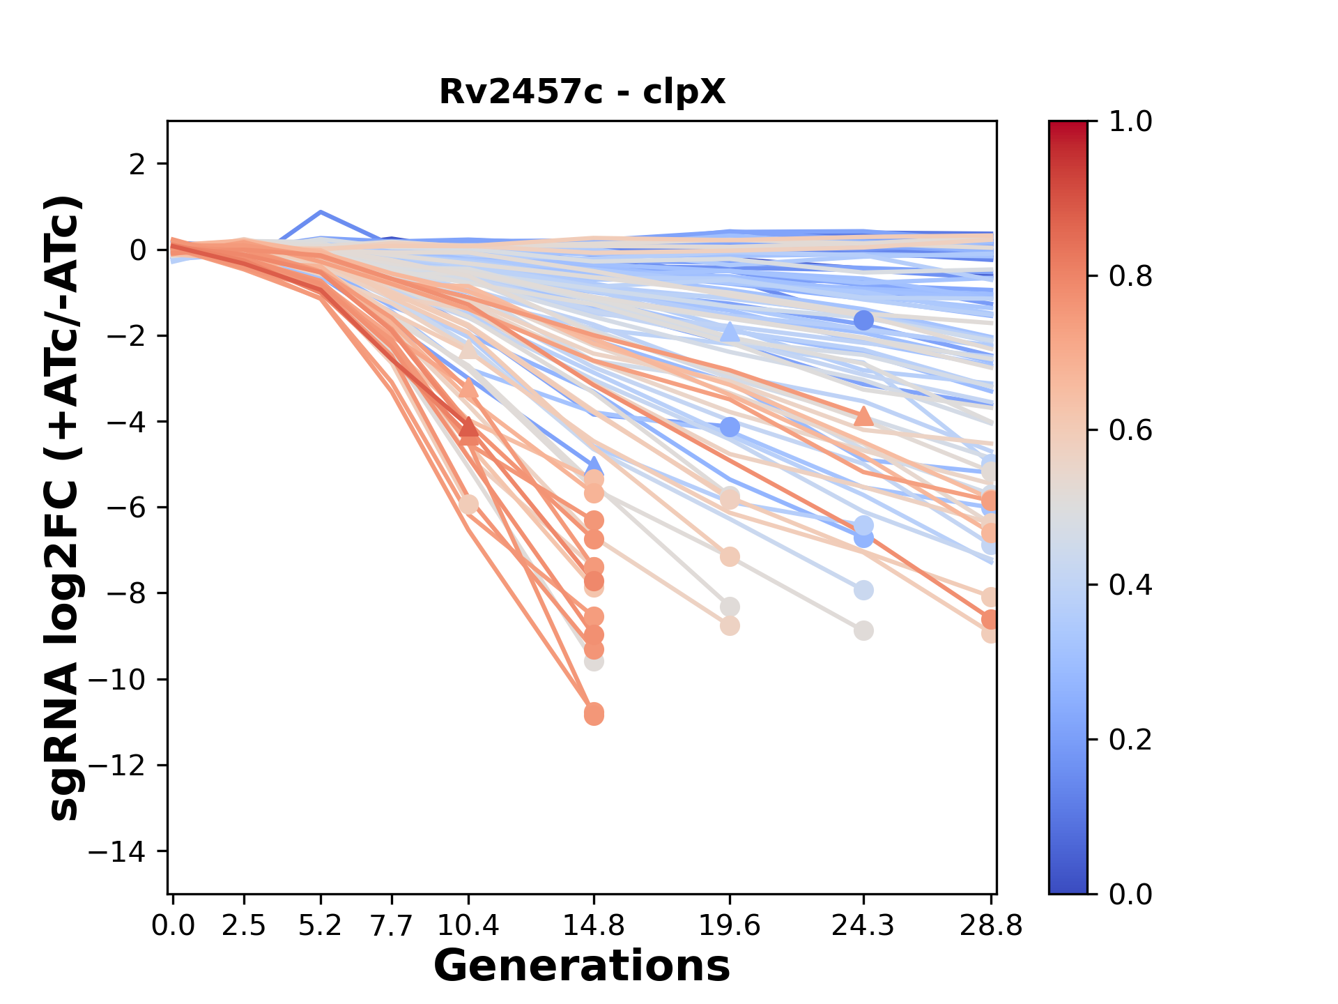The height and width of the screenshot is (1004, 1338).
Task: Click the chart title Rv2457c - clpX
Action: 582,91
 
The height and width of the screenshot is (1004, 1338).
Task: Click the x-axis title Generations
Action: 582,966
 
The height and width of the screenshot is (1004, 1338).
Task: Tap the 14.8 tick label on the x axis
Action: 594,926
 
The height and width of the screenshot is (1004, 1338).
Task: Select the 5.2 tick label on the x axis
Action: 321,926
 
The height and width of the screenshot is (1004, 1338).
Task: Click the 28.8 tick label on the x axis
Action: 991,926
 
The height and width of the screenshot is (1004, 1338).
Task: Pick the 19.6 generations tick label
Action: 730,926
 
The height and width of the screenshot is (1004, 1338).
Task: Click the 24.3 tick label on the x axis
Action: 863,926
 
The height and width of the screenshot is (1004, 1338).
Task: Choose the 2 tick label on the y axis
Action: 138,164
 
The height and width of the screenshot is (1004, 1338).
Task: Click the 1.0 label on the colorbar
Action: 1130,122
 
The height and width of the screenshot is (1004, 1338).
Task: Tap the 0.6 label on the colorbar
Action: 1130,430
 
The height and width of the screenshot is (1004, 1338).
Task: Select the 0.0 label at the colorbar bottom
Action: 1130,894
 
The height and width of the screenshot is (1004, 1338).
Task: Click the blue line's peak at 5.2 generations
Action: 321,211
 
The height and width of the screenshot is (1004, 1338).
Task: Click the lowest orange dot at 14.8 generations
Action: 594,715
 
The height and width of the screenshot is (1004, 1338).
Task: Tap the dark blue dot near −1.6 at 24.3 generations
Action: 863,321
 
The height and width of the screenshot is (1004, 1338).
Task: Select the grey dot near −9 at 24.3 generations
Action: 863,631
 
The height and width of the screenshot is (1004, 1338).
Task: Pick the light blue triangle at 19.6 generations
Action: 730,333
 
